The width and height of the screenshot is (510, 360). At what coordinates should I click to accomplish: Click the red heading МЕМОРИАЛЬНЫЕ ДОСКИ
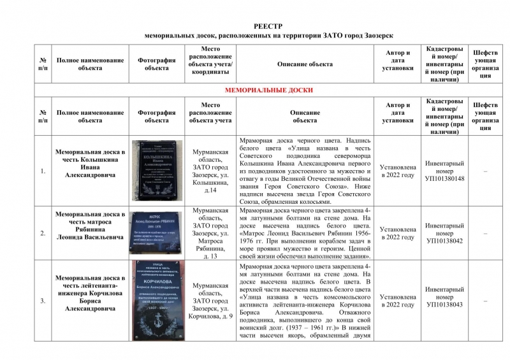(x=269, y=90)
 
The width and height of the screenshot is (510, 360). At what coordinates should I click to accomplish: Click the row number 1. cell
(x=43, y=171)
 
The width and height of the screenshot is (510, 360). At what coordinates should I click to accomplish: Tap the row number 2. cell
(x=43, y=233)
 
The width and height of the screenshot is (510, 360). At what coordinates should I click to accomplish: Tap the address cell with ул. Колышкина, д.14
(x=210, y=171)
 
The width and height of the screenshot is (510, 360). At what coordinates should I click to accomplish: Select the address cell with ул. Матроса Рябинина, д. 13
(x=210, y=233)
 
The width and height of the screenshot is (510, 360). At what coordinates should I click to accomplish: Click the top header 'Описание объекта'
(x=305, y=64)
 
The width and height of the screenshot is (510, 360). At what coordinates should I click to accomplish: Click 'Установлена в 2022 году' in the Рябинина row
(x=398, y=233)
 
